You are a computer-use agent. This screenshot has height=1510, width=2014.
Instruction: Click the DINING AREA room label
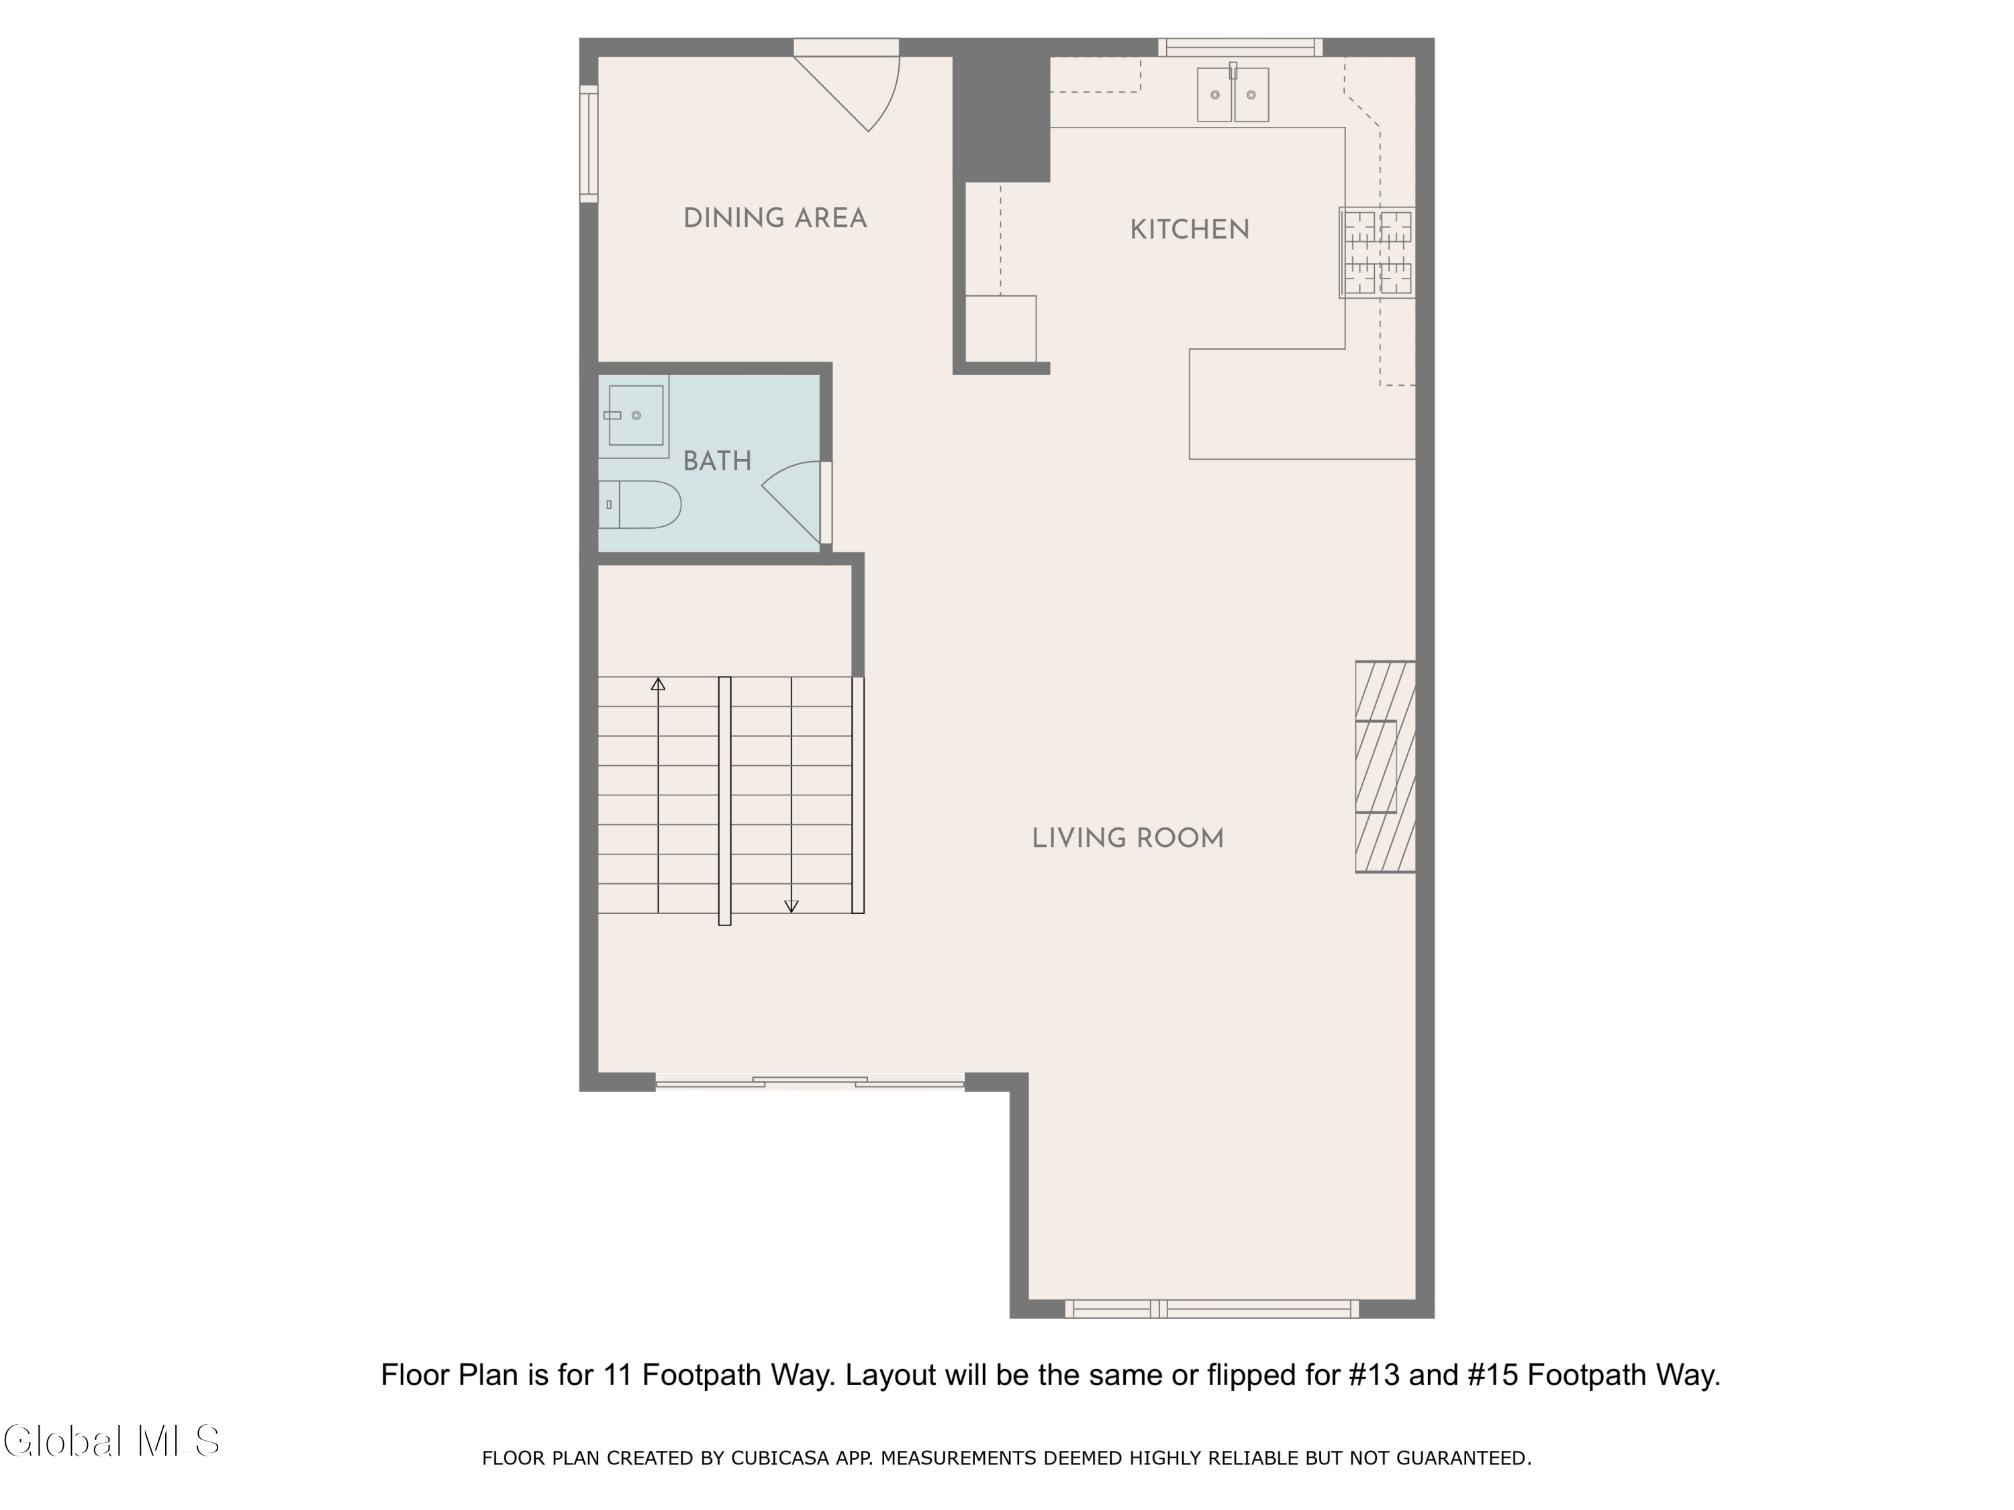click(775, 218)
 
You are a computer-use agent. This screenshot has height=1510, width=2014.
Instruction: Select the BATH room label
click(718, 462)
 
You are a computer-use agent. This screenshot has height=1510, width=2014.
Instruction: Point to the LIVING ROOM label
click(1127, 838)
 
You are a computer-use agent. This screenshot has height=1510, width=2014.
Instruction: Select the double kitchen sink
click(1233, 94)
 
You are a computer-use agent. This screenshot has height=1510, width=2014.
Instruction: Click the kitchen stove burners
click(1378, 252)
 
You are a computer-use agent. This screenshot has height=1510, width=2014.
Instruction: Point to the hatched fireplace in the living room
click(1385, 766)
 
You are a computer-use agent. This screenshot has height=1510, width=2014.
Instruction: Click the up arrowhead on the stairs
click(659, 685)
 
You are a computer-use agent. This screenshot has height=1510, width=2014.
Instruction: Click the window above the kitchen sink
click(1240, 48)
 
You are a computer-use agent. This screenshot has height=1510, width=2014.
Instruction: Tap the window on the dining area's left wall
click(589, 144)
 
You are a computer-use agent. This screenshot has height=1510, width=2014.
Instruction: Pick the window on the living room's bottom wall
click(1211, 1309)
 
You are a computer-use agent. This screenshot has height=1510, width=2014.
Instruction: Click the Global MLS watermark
click(111, 1441)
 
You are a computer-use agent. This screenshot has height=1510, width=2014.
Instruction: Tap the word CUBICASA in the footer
click(779, 1458)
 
